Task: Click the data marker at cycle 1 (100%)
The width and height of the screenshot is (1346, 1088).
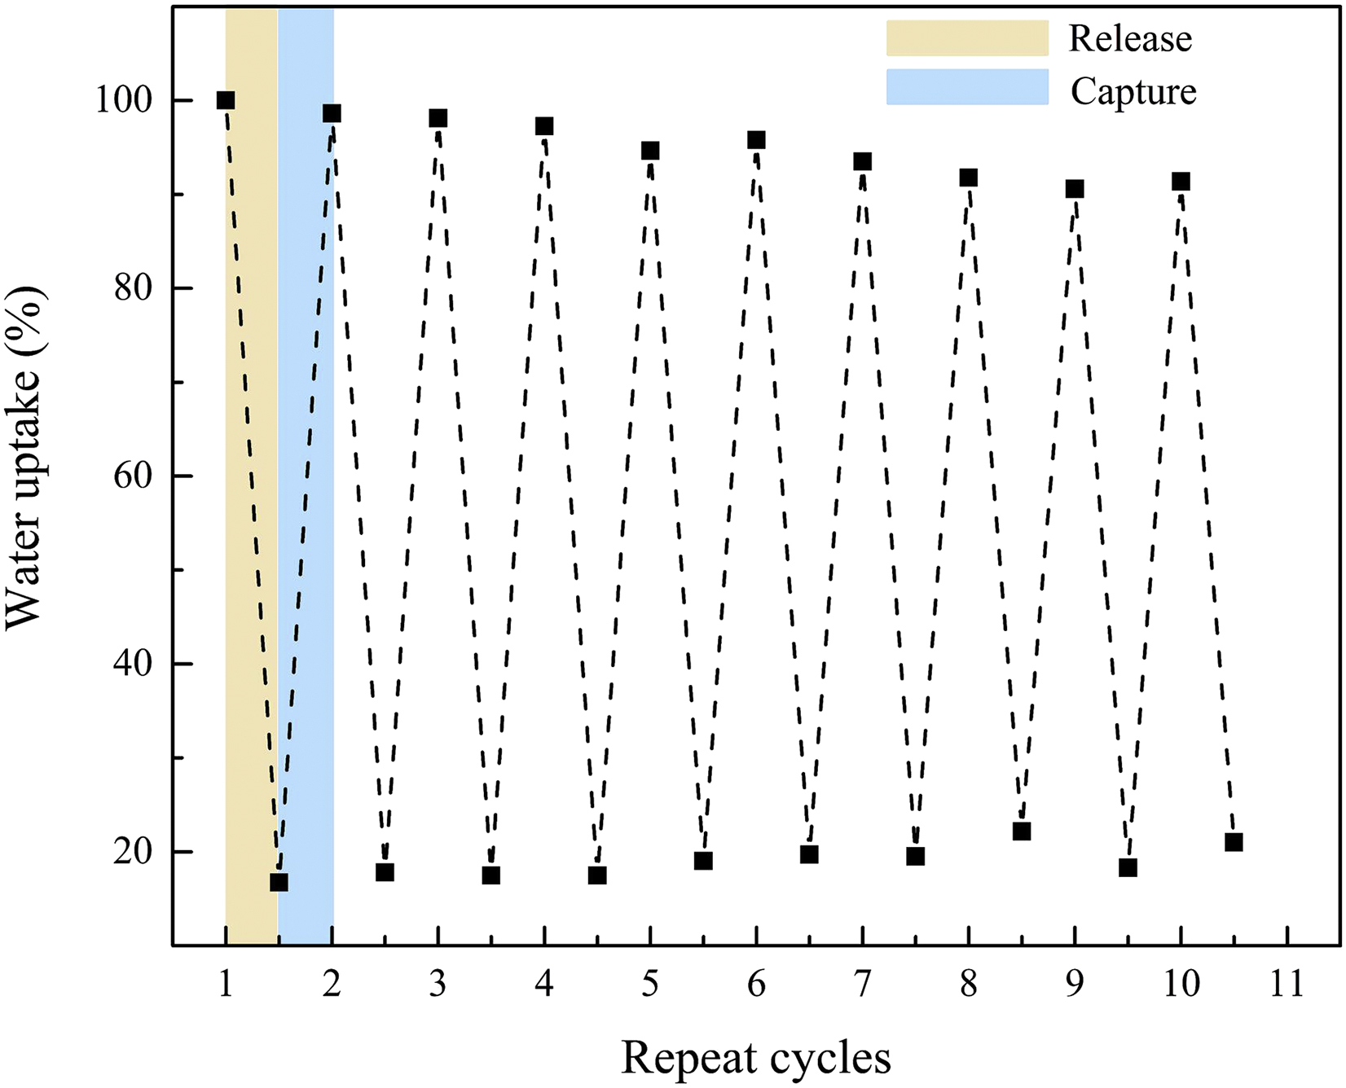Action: [226, 100]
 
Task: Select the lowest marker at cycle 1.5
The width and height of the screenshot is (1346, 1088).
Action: [279, 882]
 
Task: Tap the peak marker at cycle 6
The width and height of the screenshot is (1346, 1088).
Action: [756, 140]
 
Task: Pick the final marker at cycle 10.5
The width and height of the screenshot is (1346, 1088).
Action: [1234, 842]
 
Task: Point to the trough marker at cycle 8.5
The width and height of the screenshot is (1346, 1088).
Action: [1022, 831]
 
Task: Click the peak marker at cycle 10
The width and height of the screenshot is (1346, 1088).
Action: [1181, 181]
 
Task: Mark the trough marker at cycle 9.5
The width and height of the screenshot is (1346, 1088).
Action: [1128, 867]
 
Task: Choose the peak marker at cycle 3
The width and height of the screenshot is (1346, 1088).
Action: [438, 118]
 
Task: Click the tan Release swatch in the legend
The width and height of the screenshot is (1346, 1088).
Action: [967, 38]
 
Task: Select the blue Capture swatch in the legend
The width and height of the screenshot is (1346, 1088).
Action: [967, 87]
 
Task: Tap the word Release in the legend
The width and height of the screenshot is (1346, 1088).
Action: [1130, 39]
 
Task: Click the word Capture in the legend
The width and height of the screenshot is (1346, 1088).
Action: [1133, 91]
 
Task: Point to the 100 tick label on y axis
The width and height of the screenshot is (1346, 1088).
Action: [124, 100]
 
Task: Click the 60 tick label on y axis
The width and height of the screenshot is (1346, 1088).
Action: [133, 476]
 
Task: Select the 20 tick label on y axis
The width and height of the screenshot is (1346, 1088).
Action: [133, 851]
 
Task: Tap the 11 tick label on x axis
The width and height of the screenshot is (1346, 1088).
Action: [1287, 985]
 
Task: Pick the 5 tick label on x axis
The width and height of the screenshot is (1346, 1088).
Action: [649, 985]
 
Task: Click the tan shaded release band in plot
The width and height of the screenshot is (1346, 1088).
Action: [251, 489]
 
